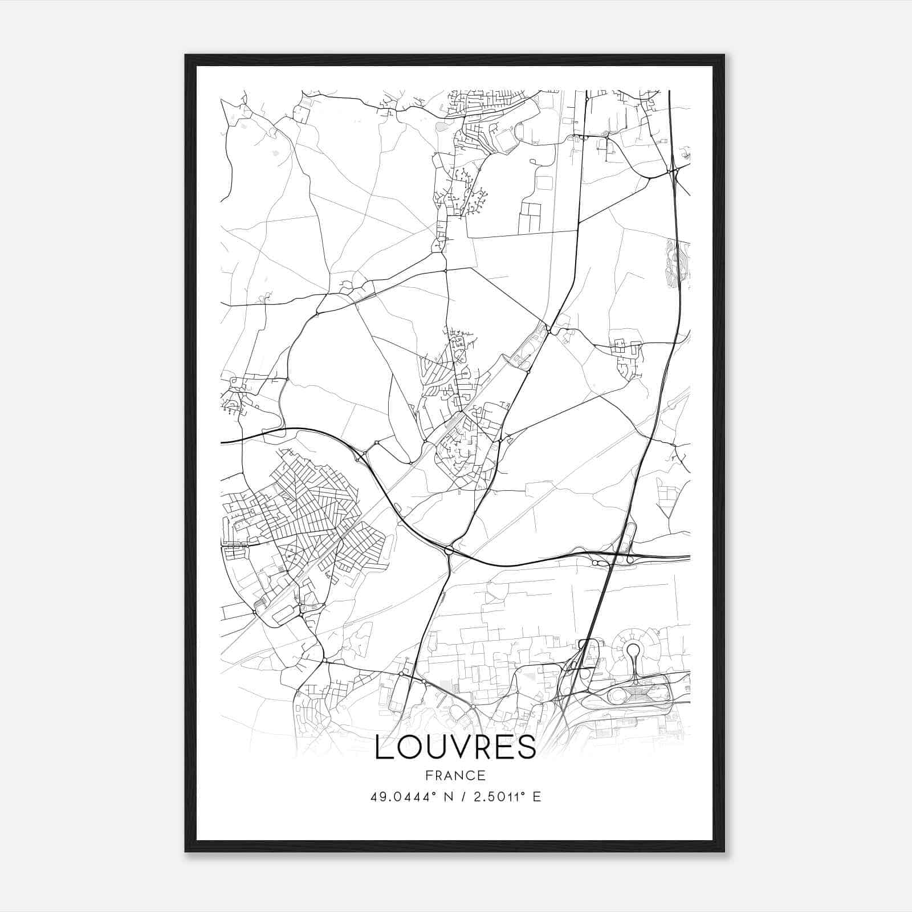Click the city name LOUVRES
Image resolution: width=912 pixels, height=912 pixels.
[x=455, y=747]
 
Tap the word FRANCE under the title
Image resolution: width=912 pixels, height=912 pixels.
[x=455, y=775]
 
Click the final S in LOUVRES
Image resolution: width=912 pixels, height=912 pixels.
[x=527, y=747]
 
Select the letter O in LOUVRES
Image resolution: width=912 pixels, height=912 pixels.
[x=406, y=747]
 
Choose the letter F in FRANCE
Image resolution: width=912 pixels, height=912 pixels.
[x=429, y=775]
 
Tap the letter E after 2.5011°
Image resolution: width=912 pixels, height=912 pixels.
[x=536, y=797]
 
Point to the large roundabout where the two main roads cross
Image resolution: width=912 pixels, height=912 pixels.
[x=449, y=550]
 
